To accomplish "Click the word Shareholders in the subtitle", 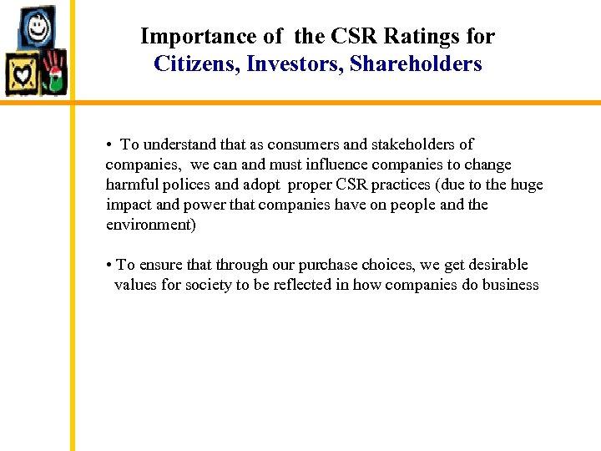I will coord(416,63).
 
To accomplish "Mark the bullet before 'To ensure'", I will coord(109,266).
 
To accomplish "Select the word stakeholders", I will coord(409,144).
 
